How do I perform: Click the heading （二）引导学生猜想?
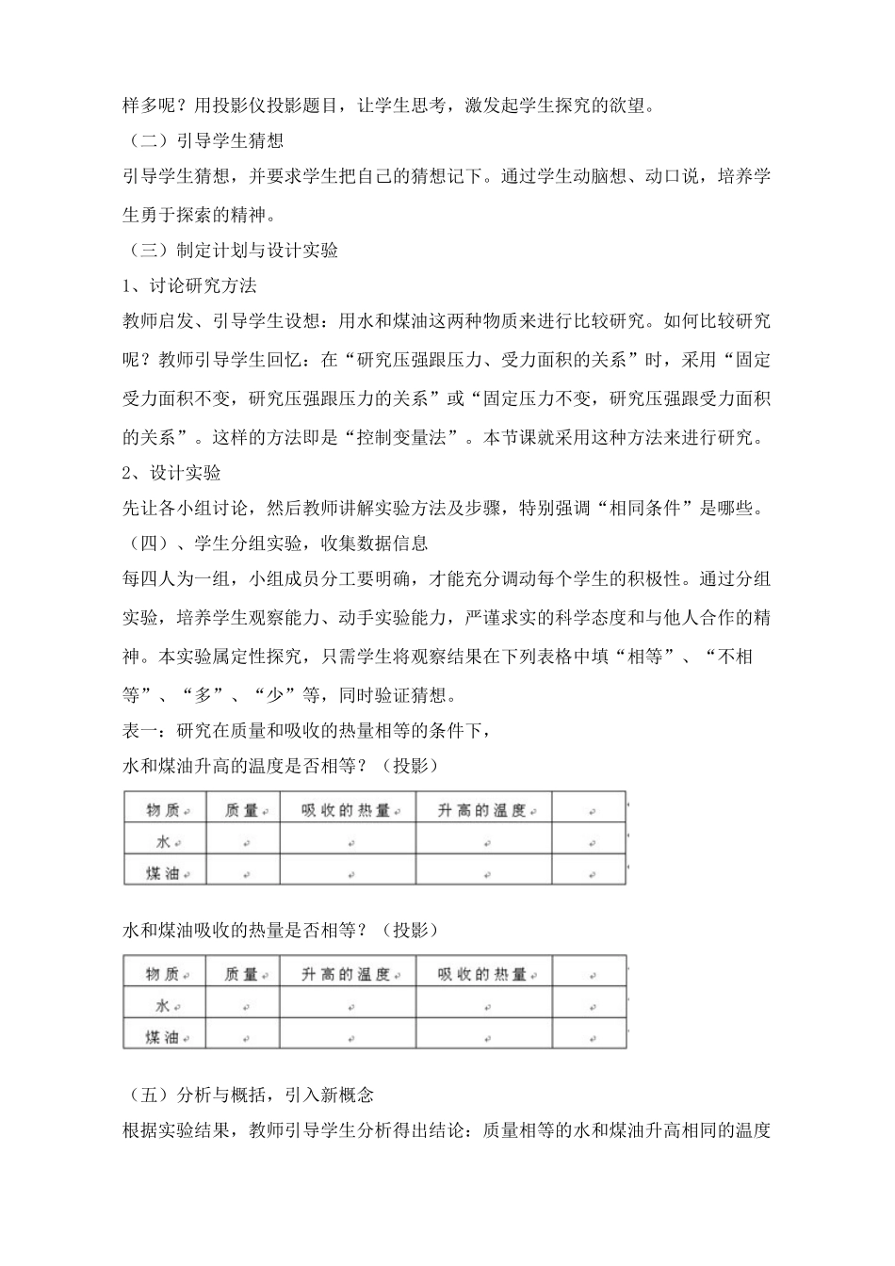tap(203, 142)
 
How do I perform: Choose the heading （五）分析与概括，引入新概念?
tap(249, 1095)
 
